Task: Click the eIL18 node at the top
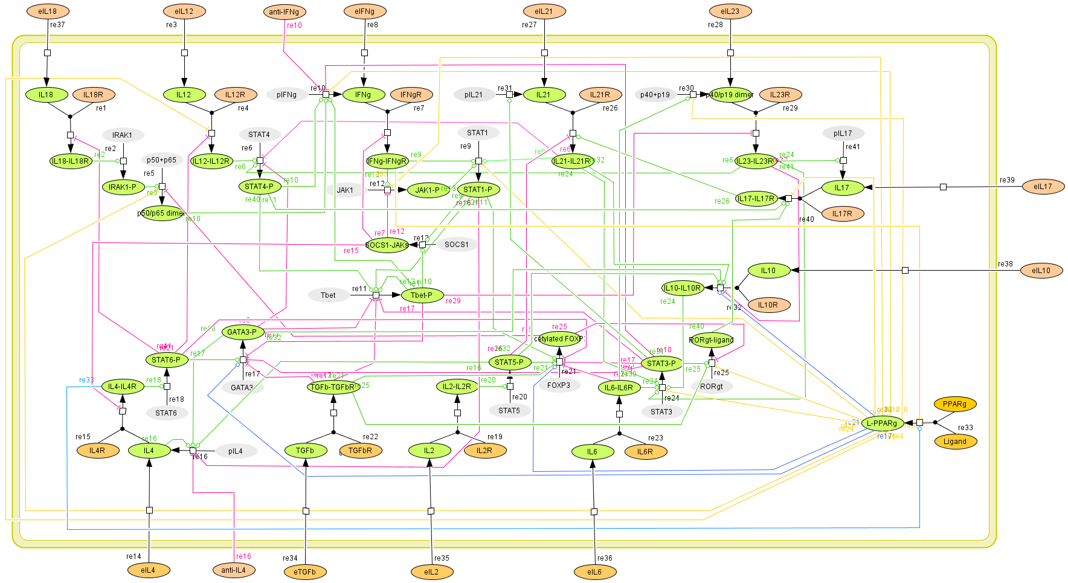(48, 11)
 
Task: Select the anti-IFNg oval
(284, 11)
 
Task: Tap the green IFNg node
(363, 95)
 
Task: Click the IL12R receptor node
(235, 95)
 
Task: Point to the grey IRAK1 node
(123, 135)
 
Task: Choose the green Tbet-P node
(422, 295)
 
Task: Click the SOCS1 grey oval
(456, 245)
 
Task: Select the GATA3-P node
(242, 332)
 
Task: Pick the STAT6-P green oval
(166, 360)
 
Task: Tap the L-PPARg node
(882, 424)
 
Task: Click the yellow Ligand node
(955, 442)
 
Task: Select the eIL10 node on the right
(1041, 271)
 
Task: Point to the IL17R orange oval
(842, 214)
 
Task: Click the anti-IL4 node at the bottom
(233, 570)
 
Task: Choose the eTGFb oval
(304, 572)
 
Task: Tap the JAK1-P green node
(428, 190)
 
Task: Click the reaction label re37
(57, 25)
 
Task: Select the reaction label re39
(1007, 180)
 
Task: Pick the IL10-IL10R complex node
(682, 288)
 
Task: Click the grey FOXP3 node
(559, 385)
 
